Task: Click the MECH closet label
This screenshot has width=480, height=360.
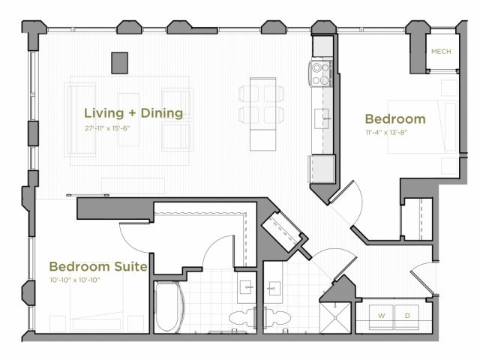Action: [x=441, y=52]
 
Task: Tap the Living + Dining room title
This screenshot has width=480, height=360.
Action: [x=133, y=113]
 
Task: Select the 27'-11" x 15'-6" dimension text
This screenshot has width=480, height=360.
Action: [x=107, y=128]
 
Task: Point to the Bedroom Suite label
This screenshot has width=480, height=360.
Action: [x=98, y=266]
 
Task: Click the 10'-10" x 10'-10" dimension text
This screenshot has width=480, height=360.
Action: [x=75, y=280]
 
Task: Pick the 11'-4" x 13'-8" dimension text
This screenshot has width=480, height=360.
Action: [x=386, y=133]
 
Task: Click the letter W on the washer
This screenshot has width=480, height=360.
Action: [x=382, y=316]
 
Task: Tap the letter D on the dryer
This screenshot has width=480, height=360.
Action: [x=407, y=316]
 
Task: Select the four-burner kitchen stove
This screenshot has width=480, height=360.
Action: [x=320, y=73]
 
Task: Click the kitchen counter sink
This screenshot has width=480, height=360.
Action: [x=322, y=118]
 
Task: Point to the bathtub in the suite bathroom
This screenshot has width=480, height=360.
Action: [x=169, y=307]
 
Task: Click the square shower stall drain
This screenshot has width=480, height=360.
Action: [x=335, y=318]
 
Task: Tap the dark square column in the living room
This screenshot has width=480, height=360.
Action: [x=119, y=63]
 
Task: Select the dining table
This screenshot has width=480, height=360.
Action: [x=262, y=114]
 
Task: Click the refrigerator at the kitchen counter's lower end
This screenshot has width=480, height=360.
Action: [x=322, y=169]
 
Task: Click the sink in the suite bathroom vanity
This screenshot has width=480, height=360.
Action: [x=246, y=287]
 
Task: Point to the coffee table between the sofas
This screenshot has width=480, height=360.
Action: [x=128, y=120]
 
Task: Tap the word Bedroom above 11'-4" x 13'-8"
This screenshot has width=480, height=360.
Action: [x=395, y=119]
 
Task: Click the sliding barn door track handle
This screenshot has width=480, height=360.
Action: [x=88, y=195]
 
